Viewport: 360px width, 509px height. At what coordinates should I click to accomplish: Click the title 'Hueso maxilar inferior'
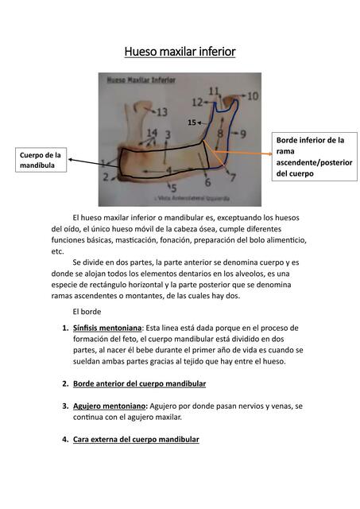click(180, 52)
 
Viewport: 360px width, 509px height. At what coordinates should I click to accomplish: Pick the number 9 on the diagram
click(242, 134)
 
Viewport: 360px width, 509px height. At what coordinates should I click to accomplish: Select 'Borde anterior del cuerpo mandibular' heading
click(139, 383)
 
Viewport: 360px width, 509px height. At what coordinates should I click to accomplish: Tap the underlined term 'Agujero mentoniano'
click(109, 406)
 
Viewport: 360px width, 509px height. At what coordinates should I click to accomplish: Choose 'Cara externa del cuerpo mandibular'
click(136, 439)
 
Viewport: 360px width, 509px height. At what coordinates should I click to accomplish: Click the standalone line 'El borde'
click(88, 311)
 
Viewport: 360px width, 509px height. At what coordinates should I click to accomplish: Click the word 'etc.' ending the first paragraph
click(57, 251)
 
